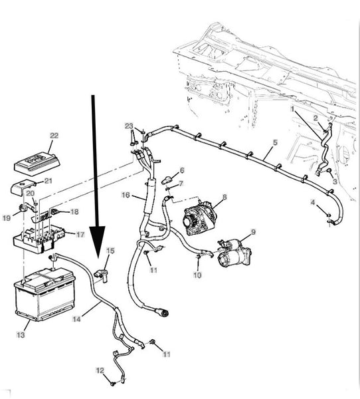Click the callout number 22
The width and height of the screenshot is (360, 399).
tap(54, 136)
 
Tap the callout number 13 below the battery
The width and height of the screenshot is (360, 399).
tap(21, 334)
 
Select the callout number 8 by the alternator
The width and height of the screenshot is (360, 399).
tap(225, 197)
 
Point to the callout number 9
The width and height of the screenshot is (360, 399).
tap(253, 232)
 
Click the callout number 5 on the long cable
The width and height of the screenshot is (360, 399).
tap(275, 142)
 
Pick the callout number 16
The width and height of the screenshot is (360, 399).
tap(126, 195)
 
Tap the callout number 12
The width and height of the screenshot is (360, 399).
tap(100, 370)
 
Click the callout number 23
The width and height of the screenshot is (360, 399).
tap(129, 126)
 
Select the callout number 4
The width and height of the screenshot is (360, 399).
tap(313, 203)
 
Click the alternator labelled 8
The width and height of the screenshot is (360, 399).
tap(200, 217)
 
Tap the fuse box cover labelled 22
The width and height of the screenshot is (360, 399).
tap(37, 163)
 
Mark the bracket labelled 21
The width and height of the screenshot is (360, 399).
tap(23, 188)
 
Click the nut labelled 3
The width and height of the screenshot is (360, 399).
tap(329, 171)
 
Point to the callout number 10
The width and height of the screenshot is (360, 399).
tap(197, 275)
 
